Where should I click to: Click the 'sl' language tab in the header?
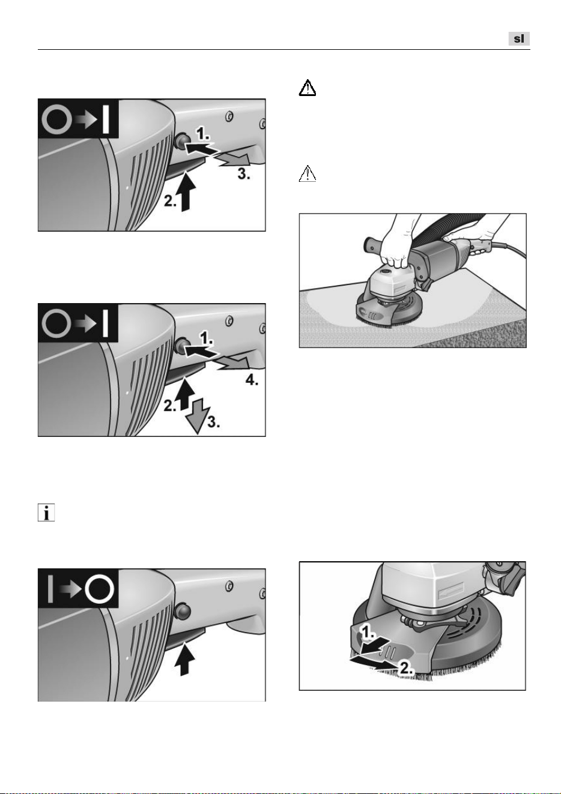pos(518,38)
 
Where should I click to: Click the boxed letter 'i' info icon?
pos(46,513)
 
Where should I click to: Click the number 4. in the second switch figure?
pos(252,380)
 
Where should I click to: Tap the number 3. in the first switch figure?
pos(243,174)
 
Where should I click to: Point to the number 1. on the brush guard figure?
pos(367,631)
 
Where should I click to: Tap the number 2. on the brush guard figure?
pos(406,669)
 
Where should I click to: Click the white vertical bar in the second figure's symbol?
pos(105,323)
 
